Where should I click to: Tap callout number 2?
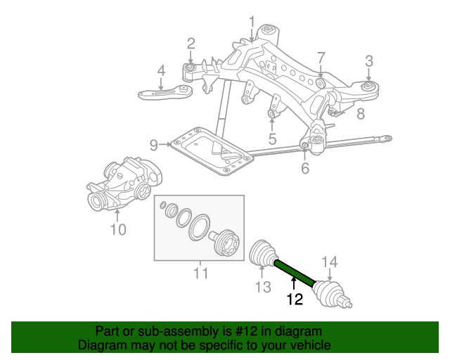pos(191,44)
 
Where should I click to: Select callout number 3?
pos(368,60)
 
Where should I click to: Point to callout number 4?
pos(161,71)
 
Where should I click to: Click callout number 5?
pos(272,139)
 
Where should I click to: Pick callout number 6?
pos(304,168)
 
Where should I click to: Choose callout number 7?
pos(321,58)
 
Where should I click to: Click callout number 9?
pos(154,146)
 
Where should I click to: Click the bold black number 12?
pos(295,300)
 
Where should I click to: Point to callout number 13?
pos(262,286)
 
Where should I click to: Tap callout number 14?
pos(330,263)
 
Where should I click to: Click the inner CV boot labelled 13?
pos(264,254)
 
